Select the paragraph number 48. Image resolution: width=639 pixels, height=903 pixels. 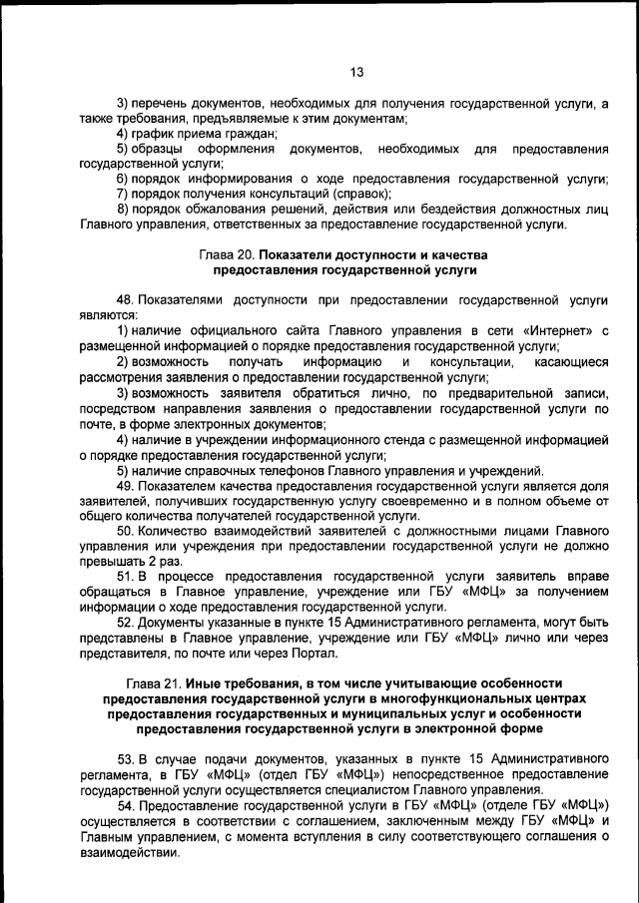[x=125, y=299]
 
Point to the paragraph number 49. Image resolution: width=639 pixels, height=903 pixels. [x=125, y=487]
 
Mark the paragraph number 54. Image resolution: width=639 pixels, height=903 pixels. [x=125, y=805]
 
